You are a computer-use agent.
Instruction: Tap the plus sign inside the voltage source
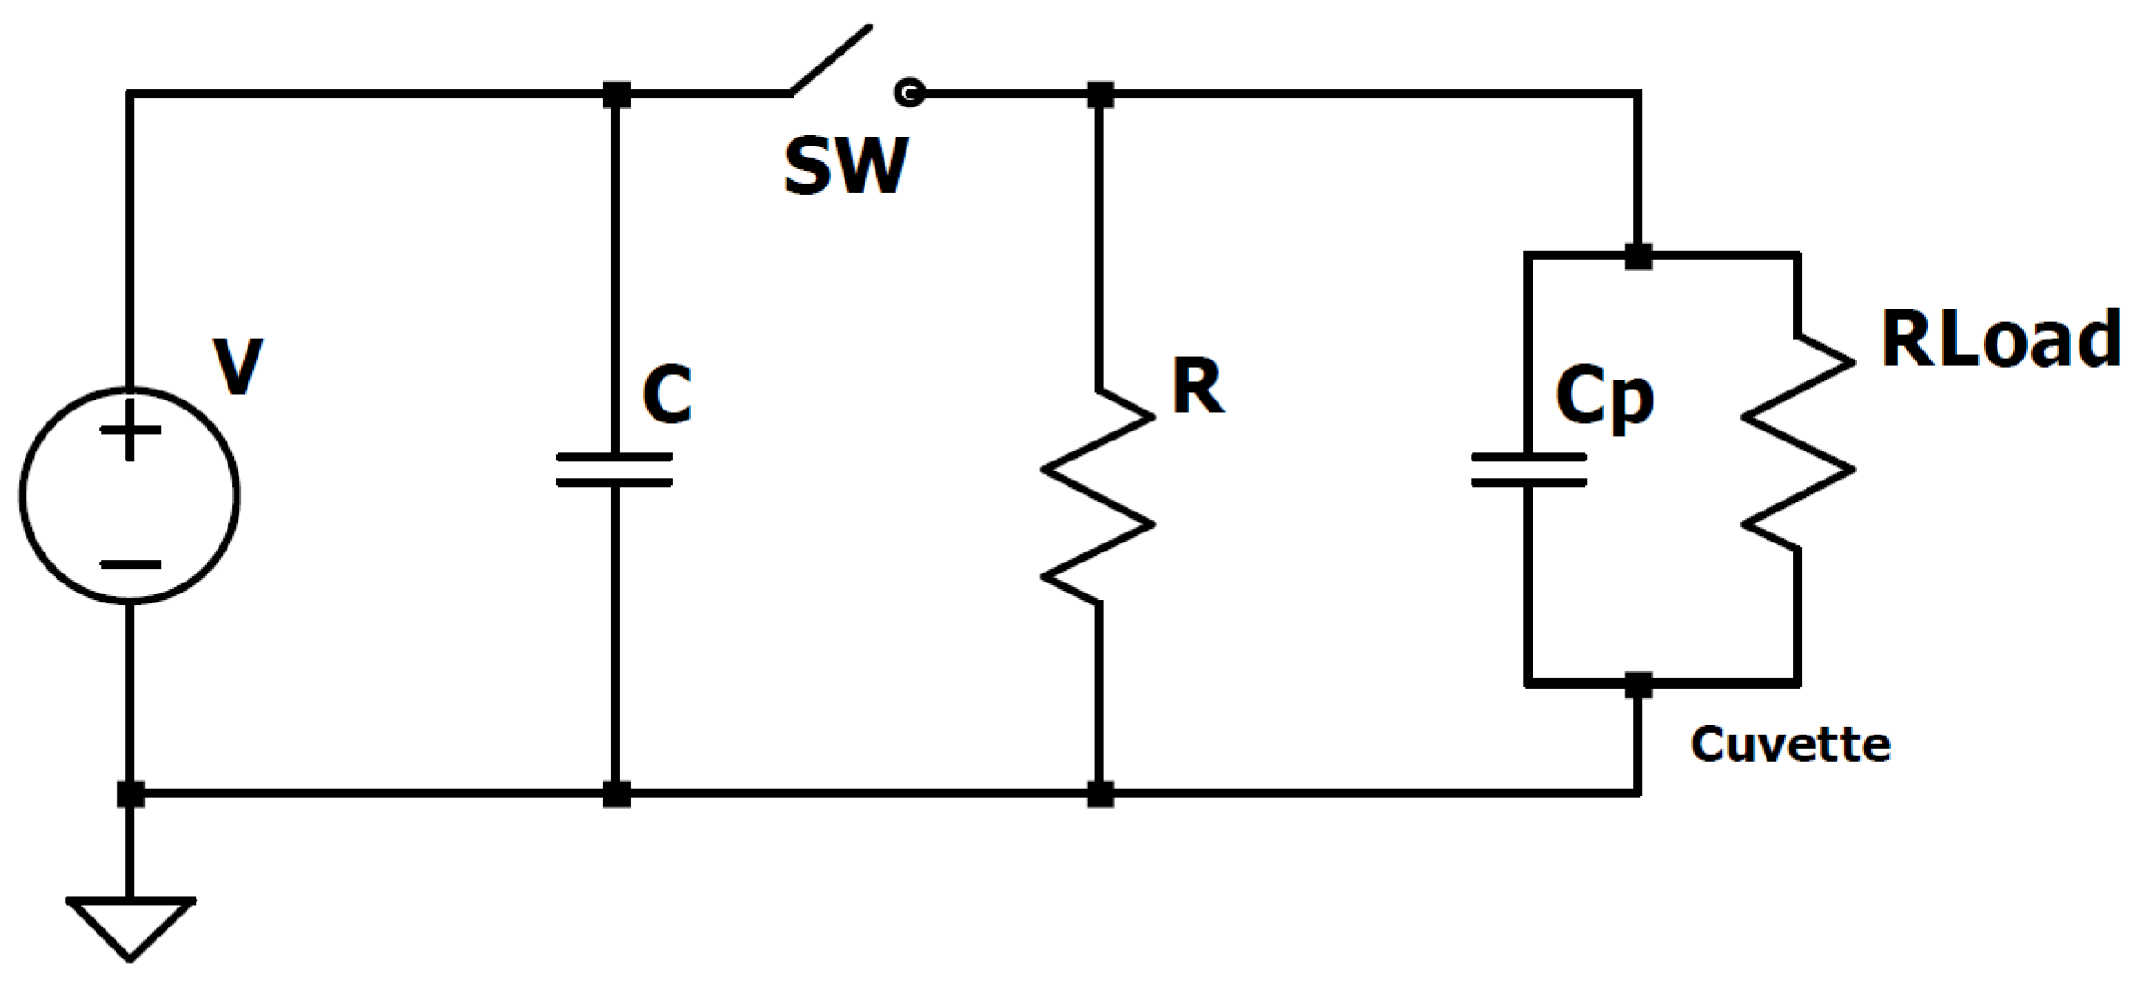[130, 430]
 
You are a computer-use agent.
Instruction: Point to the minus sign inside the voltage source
[130, 565]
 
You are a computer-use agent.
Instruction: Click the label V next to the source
[238, 366]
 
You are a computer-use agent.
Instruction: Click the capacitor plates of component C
[614, 470]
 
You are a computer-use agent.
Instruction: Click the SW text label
[845, 166]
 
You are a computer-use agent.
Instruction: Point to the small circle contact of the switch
[909, 92]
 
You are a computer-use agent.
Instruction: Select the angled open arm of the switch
[831, 59]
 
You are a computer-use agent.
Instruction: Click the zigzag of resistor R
[1098, 496]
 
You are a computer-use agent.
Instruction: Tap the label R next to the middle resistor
[1197, 386]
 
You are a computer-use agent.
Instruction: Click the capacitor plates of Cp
[1529, 470]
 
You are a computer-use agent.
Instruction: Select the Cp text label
[1604, 397]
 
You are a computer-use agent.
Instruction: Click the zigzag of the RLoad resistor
[1797, 443]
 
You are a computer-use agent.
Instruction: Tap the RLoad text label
[2000, 339]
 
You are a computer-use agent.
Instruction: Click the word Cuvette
[1790, 745]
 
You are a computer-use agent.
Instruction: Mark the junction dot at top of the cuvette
[1638, 257]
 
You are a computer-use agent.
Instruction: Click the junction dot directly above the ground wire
[130, 794]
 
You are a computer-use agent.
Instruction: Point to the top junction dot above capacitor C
[616, 94]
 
